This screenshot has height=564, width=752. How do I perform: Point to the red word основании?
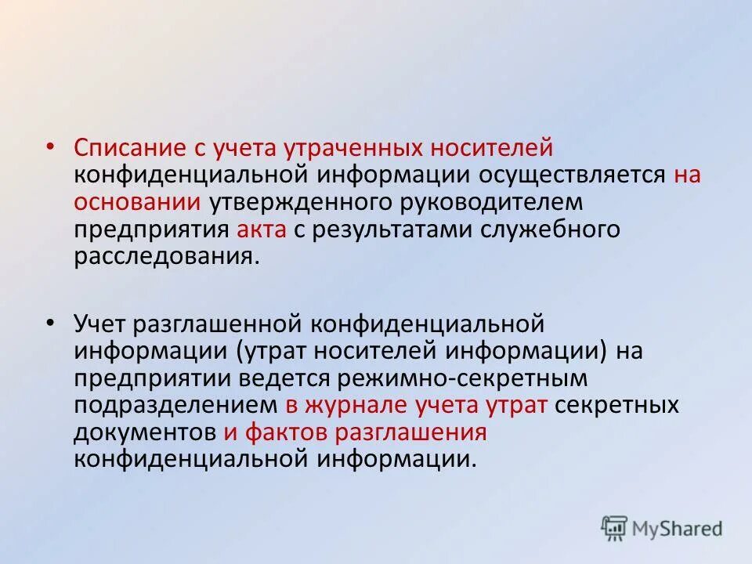click(x=138, y=201)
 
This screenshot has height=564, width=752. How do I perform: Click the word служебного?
click(x=553, y=229)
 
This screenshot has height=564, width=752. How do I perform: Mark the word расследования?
click(x=164, y=256)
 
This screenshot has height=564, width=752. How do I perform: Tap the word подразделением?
click(x=176, y=404)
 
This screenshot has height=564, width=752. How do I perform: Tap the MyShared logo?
click(x=662, y=529)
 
